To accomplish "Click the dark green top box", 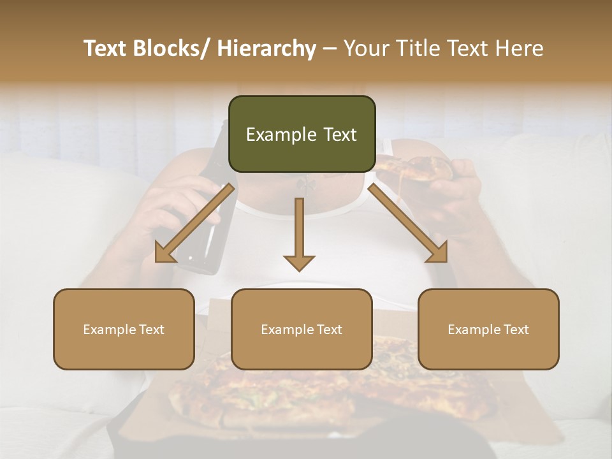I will pos(302,134).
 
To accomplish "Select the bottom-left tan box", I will pos(124,329).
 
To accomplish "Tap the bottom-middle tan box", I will pos(302,329).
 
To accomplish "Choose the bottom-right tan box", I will pos(488,329).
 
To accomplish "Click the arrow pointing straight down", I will pos(299,236).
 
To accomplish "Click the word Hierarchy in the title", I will pos(266,48).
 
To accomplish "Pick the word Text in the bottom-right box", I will pos(514,330).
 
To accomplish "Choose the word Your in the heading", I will pos(366,48).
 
